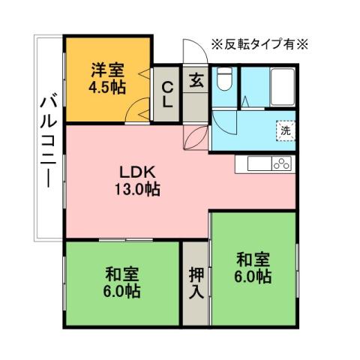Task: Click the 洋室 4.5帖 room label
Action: coord(108,78)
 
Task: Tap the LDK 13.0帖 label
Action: coord(137,179)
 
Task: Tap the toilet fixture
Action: coord(223,79)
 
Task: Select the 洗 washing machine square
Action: coord(285,130)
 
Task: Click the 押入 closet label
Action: coord(194,282)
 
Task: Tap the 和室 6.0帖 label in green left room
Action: coord(121,281)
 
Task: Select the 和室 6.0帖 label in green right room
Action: coord(253,268)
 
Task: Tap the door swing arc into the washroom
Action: coord(222,120)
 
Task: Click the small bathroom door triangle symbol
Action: coord(244,99)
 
